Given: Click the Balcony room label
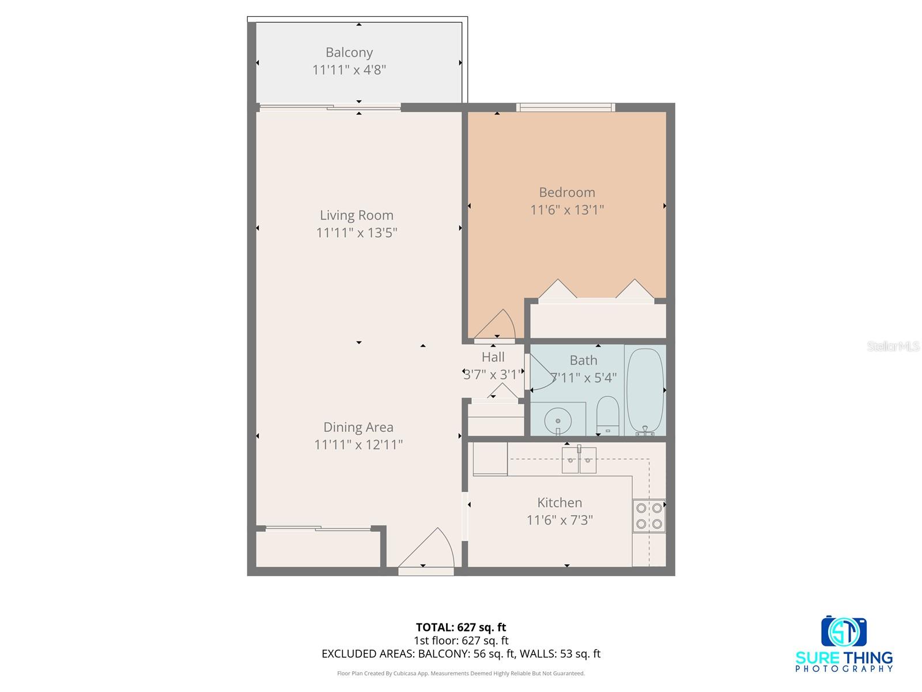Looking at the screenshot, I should [x=349, y=52].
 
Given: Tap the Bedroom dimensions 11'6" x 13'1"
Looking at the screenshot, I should [x=566, y=210].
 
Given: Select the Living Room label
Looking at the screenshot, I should [x=356, y=215].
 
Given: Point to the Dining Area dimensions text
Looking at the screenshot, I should [x=358, y=445].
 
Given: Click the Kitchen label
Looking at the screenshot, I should [x=559, y=502].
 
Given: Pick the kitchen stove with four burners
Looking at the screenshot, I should [x=649, y=516].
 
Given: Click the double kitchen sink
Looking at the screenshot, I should [x=579, y=460].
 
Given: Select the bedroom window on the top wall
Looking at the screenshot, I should [x=565, y=107].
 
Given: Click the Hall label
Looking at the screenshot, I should [x=493, y=357].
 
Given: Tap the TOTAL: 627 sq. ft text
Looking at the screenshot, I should [x=460, y=627].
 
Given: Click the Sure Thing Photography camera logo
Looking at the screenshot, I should [x=844, y=631].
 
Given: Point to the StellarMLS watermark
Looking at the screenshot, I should [x=893, y=346].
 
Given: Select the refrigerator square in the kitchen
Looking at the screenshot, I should [x=489, y=459].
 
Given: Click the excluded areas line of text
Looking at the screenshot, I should [x=460, y=653].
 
